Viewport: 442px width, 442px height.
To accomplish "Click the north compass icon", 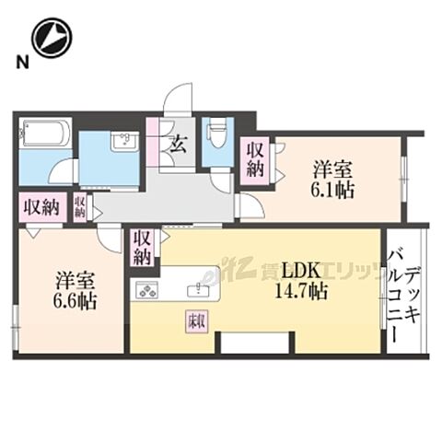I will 50,39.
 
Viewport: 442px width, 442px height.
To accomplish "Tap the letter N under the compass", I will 19,62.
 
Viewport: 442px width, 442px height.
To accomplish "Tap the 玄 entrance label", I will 175,143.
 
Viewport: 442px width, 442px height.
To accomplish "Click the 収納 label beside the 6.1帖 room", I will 255,158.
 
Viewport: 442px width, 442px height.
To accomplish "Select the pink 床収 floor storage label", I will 195,323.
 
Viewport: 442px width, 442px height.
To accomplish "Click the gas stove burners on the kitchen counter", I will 148,292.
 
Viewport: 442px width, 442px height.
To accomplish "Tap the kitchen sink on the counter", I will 195,290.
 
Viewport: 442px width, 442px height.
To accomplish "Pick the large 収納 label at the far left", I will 39,205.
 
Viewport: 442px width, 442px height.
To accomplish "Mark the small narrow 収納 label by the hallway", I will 81,205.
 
